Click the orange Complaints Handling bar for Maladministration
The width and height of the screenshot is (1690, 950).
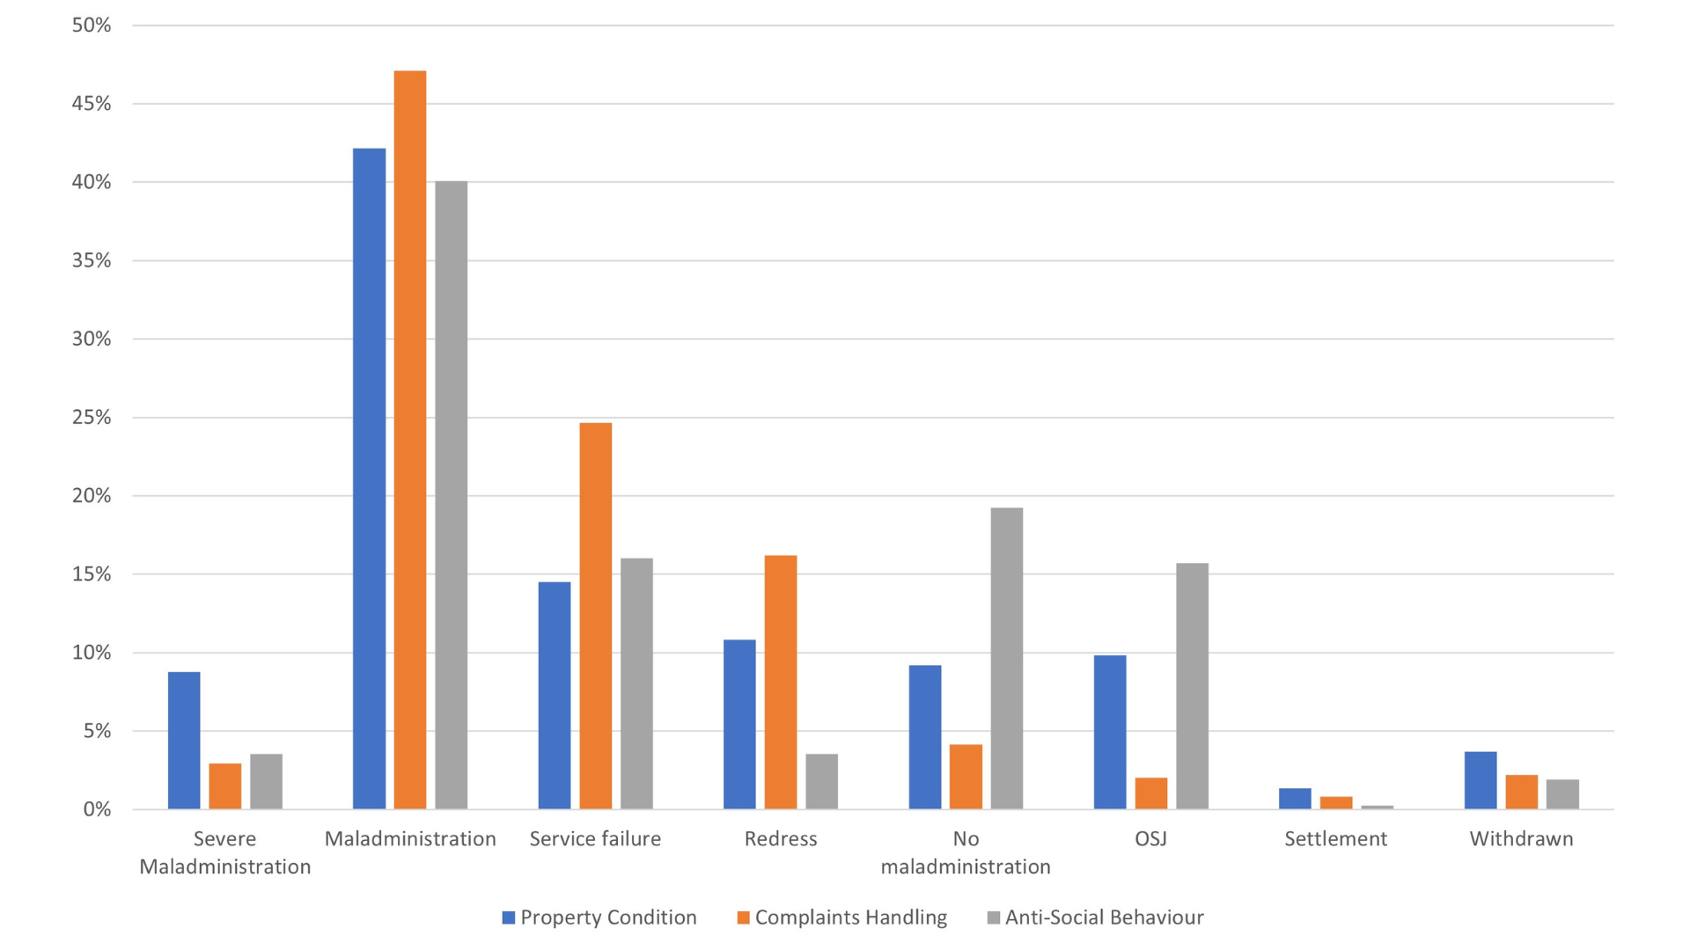[x=410, y=440]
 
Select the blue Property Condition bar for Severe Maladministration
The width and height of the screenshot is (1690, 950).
[x=184, y=741]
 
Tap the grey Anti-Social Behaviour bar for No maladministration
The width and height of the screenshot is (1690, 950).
[x=1007, y=658]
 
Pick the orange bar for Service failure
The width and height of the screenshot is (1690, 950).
[x=596, y=616]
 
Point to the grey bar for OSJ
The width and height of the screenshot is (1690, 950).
[x=1192, y=686]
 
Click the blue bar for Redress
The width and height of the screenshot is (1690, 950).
[x=739, y=724]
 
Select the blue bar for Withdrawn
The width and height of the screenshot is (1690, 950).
[x=1481, y=780]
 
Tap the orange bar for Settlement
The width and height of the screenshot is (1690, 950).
[x=1336, y=803]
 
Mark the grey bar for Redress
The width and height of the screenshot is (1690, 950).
[x=822, y=781]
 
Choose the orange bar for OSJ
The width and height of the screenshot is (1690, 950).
[x=1151, y=793]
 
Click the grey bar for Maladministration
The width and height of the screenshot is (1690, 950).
[x=452, y=495]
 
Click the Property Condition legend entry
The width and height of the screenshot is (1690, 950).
[x=599, y=917]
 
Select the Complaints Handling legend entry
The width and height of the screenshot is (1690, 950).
[x=842, y=917]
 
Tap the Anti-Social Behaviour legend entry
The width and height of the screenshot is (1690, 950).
[x=1095, y=917]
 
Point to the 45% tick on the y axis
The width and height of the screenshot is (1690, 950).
[x=92, y=104]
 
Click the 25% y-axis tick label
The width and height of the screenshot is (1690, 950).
[x=92, y=417]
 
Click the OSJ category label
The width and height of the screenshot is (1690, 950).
[x=1150, y=838]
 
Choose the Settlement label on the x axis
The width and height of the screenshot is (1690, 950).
[x=1335, y=838]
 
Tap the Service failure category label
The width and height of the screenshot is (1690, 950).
[x=595, y=838]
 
